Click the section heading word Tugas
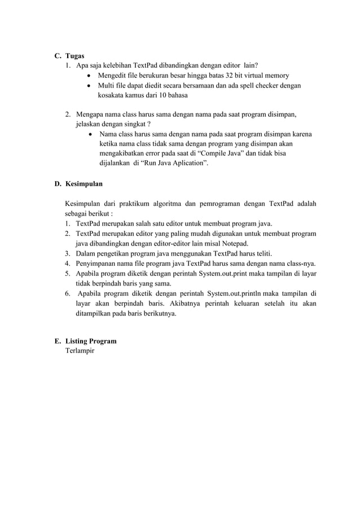pyautogui.click(x=74, y=56)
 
